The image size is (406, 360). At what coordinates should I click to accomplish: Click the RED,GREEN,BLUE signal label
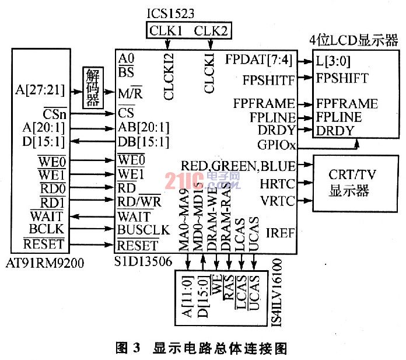point(238,166)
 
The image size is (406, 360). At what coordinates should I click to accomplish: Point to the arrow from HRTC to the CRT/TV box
point(304,183)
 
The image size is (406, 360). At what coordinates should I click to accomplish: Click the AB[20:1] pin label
point(143,128)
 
